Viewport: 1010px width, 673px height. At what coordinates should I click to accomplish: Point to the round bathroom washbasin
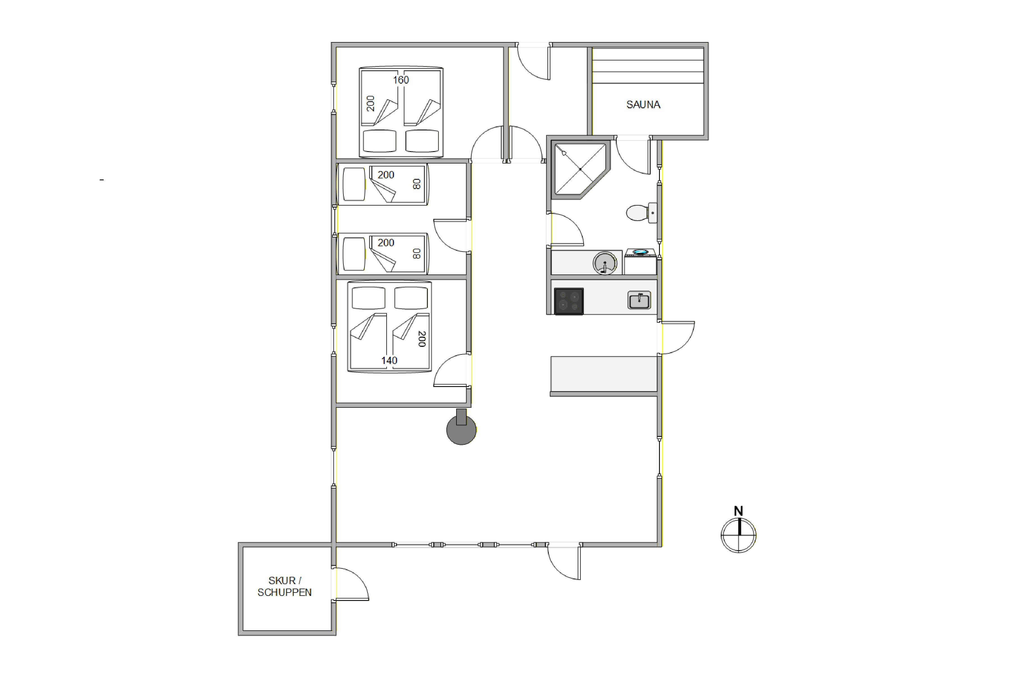point(605,263)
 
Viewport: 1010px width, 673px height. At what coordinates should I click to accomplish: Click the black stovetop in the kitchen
point(569,301)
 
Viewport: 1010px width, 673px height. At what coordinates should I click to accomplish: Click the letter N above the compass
point(738,511)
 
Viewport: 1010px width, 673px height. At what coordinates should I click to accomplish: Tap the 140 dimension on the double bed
point(389,361)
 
